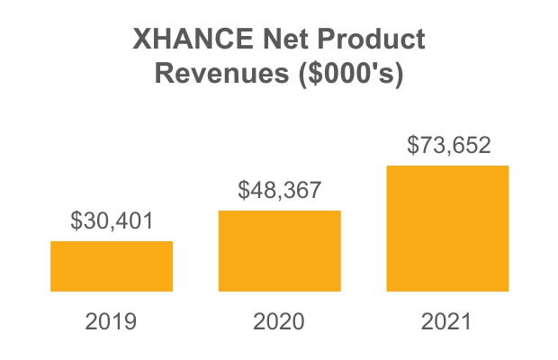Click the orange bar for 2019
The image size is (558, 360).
pyautogui.click(x=112, y=265)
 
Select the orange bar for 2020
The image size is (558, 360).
pyautogui.click(x=279, y=250)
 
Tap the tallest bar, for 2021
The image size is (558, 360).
pyautogui.click(x=447, y=228)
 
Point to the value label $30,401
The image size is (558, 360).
pyautogui.click(x=112, y=220)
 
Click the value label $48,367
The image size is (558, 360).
pyautogui.click(x=279, y=190)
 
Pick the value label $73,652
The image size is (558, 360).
pyautogui.click(x=448, y=145)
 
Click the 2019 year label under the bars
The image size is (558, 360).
pyautogui.click(x=112, y=321)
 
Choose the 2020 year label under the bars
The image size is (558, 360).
pyautogui.click(x=279, y=321)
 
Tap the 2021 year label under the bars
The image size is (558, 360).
pyautogui.click(x=447, y=321)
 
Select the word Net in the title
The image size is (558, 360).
pyautogui.click(x=274, y=40)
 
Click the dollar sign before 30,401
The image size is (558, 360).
pyautogui.click(x=76, y=220)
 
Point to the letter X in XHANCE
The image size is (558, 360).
pyautogui.click(x=141, y=40)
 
